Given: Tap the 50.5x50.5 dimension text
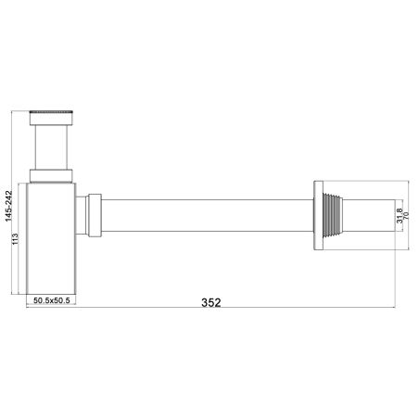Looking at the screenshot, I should coord(54,300).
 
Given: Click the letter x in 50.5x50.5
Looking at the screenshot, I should coord(54,300).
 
